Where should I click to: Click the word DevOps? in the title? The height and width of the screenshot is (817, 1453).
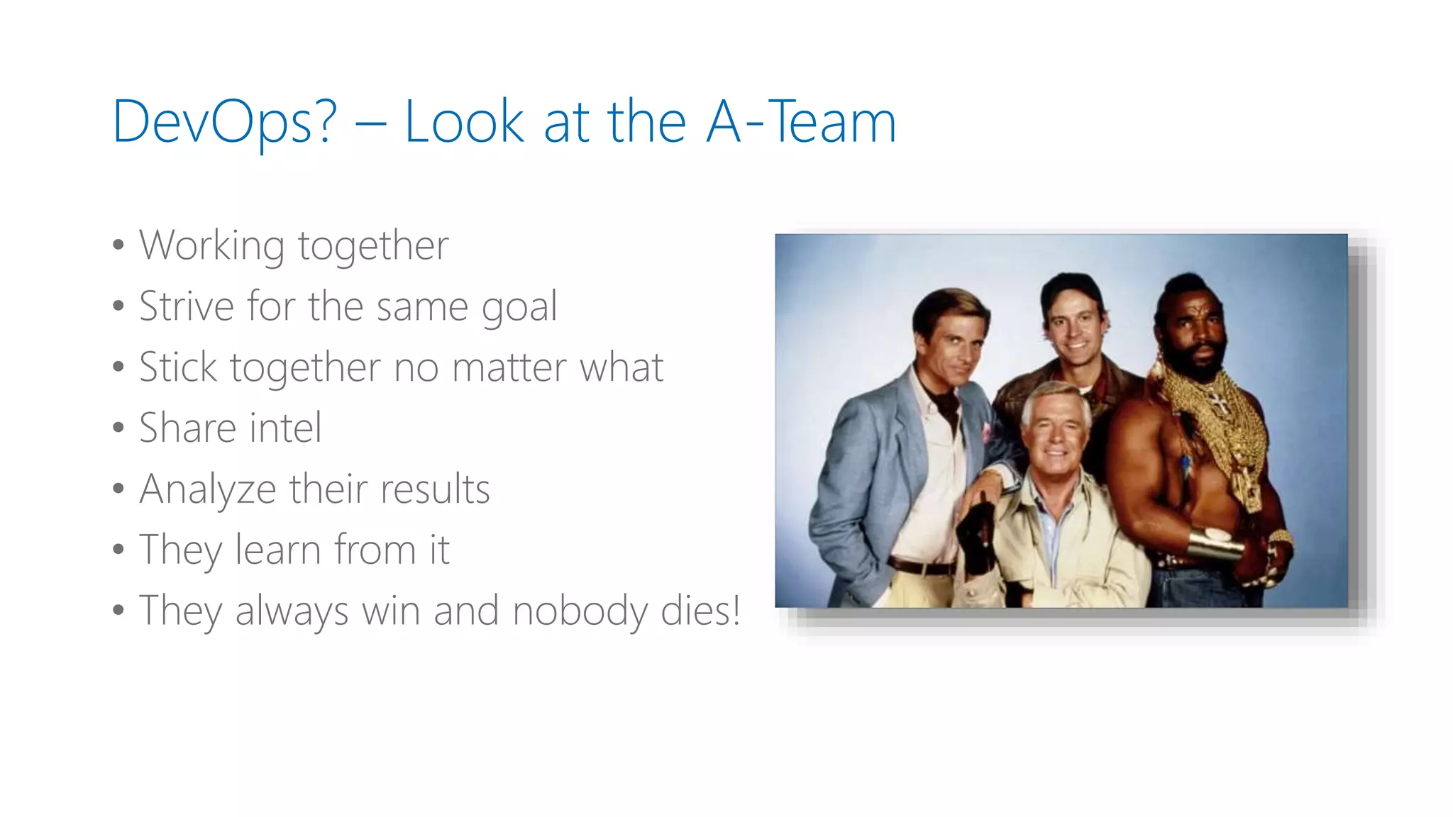(224, 122)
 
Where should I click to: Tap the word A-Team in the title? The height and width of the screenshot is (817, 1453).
(802, 122)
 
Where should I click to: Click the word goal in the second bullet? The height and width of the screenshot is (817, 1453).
(519, 307)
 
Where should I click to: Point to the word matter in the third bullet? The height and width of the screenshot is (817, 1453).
(509, 367)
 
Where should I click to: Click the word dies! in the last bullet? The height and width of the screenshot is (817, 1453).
(700, 611)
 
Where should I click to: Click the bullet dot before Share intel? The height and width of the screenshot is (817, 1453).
(118, 428)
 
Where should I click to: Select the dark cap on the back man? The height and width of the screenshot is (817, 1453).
(1071, 291)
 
